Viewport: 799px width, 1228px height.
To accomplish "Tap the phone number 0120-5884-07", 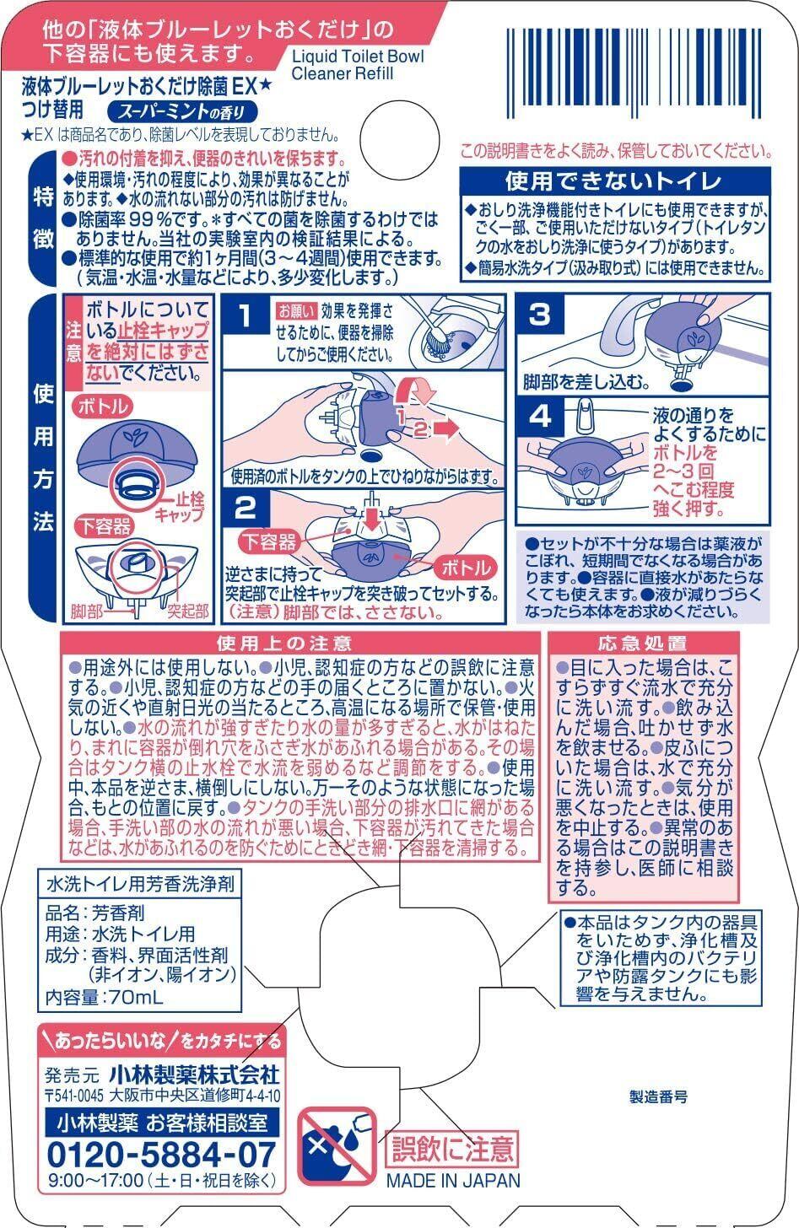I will pyautogui.click(x=162, y=1154).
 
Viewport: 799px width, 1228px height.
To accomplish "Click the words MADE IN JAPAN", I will pyautogui.click(x=453, y=1180).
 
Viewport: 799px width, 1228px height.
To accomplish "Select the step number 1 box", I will pyautogui.click(x=245, y=317).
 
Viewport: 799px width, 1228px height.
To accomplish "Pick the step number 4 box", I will pyautogui.click(x=539, y=416).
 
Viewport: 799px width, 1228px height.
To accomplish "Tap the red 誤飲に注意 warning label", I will pyautogui.click(x=451, y=1149).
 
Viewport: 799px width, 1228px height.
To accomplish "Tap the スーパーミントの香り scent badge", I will pyautogui.click(x=182, y=110).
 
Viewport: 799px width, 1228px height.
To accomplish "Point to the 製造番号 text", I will pyautogui.click(x=659, y=1096).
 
